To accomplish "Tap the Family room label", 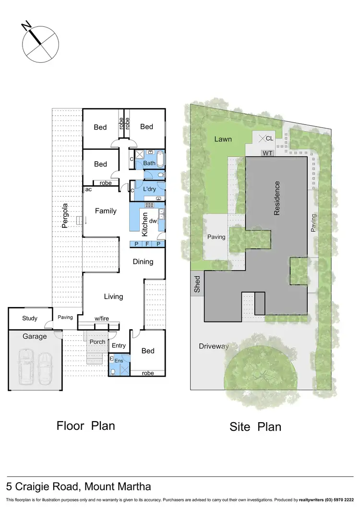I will click(106, 211).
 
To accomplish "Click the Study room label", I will click(30, 319).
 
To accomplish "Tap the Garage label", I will click(35, 336).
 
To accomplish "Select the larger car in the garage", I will click(25, 367).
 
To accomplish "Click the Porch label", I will click(97, 342).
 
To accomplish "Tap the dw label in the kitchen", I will click(153, 221).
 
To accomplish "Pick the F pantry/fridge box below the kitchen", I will click(147, 244).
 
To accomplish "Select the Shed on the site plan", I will click(197, 284).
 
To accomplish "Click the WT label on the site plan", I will click(267, 153).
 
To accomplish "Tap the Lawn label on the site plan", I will click(223, 139).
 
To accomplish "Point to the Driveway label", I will click(214, 346).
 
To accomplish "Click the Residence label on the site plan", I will click(277, 198).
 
